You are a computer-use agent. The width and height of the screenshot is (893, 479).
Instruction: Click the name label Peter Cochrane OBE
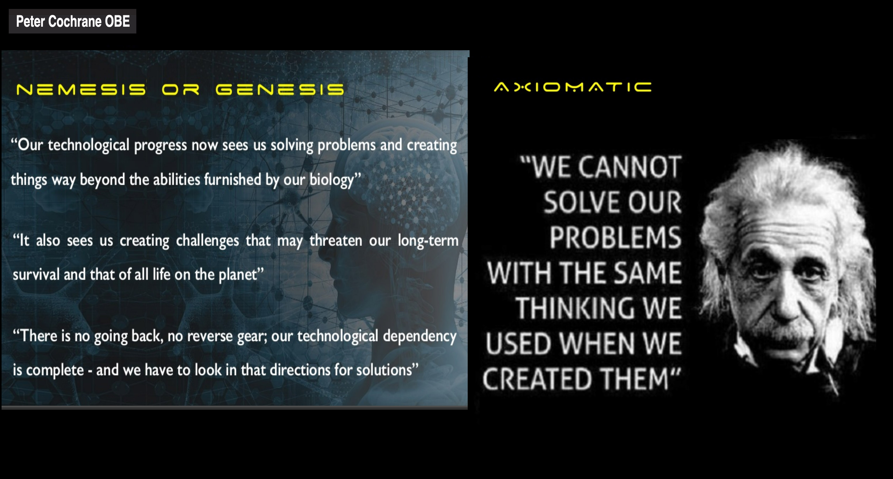[73, 21]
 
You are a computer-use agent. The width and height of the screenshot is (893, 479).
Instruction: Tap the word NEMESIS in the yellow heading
[81, 90]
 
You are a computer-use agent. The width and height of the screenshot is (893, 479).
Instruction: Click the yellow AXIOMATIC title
[573, 87]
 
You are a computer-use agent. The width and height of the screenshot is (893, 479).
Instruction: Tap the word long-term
[428, 240]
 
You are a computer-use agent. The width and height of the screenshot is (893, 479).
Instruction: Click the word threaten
[336, 240]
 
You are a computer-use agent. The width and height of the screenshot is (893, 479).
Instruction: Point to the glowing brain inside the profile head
[399, 173]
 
